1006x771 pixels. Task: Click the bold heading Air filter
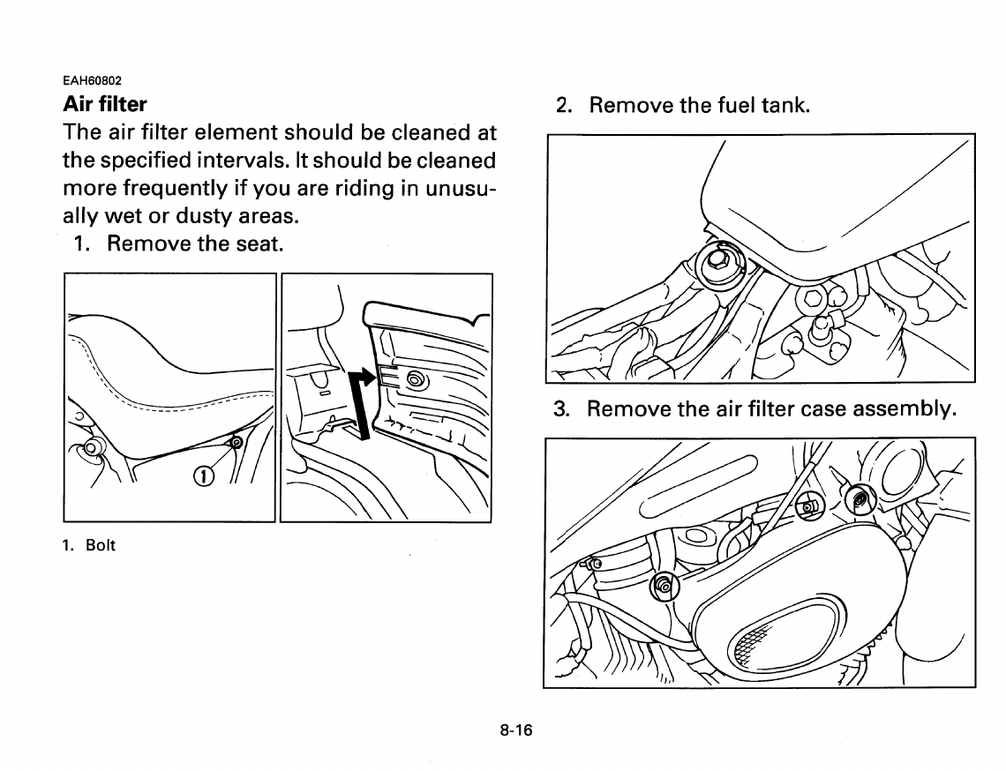105,105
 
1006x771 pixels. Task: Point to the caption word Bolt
101,545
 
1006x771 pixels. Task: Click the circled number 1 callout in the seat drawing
203,477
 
